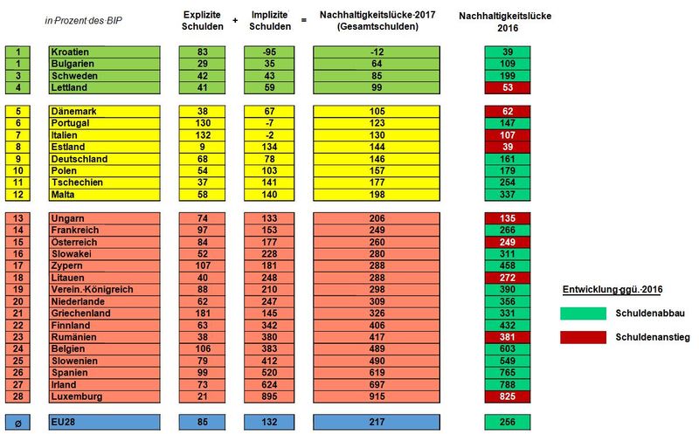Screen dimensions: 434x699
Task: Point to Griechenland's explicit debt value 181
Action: point(203,313)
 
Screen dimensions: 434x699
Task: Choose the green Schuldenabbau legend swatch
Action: point(581,313)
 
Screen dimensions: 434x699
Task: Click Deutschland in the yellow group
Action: point(79,159)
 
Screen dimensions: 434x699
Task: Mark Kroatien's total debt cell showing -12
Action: point(377,52)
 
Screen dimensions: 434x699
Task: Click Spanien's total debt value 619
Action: point(377,373)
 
